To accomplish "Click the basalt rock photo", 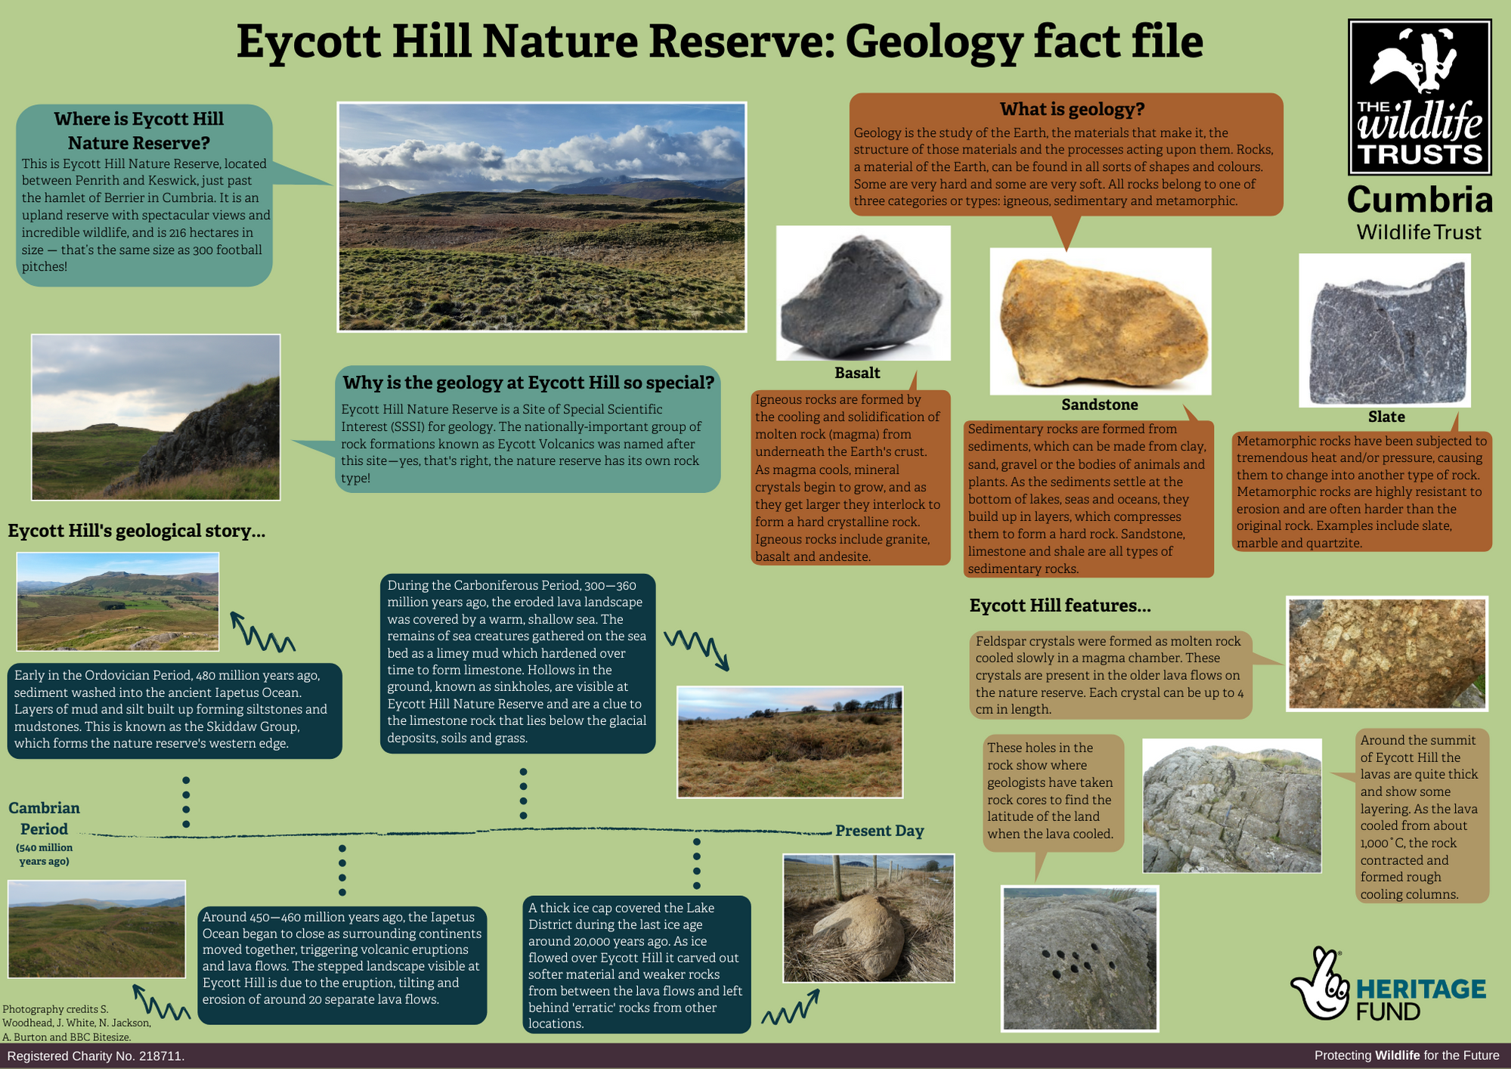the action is pyautogui.click(x=862, y=293).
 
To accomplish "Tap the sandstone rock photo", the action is pyautogui.click(x=1101, y=321).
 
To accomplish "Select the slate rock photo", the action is pyautogui.click(x=1385, y=330).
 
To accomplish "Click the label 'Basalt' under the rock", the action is pyautogui.click(x=857, y=373).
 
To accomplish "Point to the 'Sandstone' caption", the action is pyautogui.click(x=1099, y=404).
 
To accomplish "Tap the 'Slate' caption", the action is pyautogui.click(x=1386, y=417).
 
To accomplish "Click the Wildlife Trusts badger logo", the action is pyautogui.click(x=1420, y=97).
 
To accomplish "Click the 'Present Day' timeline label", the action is pyautogui.click(x=879, y=831).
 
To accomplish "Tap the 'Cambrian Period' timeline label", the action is pyautogui.click(x=44, y=819).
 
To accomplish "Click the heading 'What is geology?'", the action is pyautogui.click(x=1072, y=110).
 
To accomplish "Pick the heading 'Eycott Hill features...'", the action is pyautogui.click(x=1060, y=606).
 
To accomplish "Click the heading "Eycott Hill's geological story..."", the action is pyautogui.click(x=137, y=531).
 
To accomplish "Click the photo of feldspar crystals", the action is pyautogui.click(x=1387, y=654).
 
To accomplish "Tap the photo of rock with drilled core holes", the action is pyautogui.click(x=1079, y=959).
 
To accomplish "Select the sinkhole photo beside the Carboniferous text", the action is pyautogui.click(x=790, y=742).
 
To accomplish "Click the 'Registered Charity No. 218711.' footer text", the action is pyautogui.click(x=96, y=1056).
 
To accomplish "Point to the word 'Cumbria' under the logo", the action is pyautogui.click(x=1420, y=200).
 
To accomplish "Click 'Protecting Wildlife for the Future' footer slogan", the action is pyautogui.click(x=1407, y=1056).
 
